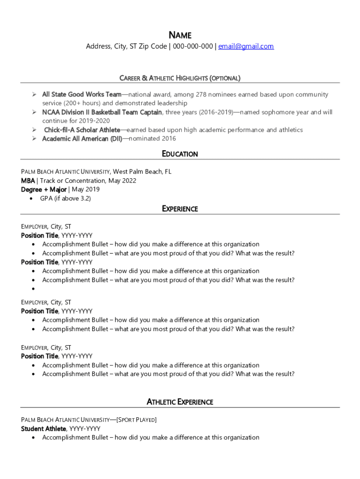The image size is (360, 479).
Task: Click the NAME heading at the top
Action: (x=180, y=35)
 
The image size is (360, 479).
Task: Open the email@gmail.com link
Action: (x=246, y=46)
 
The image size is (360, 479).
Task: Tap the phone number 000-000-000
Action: (x=193, y=46)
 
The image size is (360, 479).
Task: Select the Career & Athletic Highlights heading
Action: (x=180, y=78)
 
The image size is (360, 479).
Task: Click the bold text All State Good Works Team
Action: (x=82, y=94)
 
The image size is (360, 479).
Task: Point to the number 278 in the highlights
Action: (x=201, y=94)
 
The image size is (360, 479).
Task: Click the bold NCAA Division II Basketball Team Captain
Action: (x=102, y=112)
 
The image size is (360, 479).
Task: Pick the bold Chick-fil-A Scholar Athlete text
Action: (x=82, y=130)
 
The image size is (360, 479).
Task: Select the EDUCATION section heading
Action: (x=180, y=154)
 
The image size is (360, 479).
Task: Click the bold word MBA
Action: (x=28, y=181)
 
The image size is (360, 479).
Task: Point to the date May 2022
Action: (x=122, y=181)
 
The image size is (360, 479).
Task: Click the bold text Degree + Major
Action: (x=43, y=189)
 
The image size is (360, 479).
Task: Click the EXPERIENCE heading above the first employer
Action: (x=180, y=209)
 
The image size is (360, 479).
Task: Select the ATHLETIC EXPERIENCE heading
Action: (x=180, y=402)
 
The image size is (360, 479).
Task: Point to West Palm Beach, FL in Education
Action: (x=142, y=172)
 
